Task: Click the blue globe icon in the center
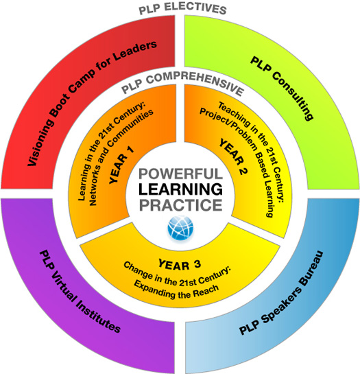[x=180, y=229]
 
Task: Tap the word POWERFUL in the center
[x=180, y=174]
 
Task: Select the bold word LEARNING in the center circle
[x=180, y=189]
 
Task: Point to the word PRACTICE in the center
[x=180, y=205]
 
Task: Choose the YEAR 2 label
[x=233, y=156]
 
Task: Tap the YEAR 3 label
[x=180, y=265]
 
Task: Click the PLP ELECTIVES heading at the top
[x=182, y=9]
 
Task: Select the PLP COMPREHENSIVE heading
[x=182, y=84]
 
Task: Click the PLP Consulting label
[x=282, y=89]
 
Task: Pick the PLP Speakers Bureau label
[x=281, y=293]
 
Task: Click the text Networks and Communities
[x=121, y=157]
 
